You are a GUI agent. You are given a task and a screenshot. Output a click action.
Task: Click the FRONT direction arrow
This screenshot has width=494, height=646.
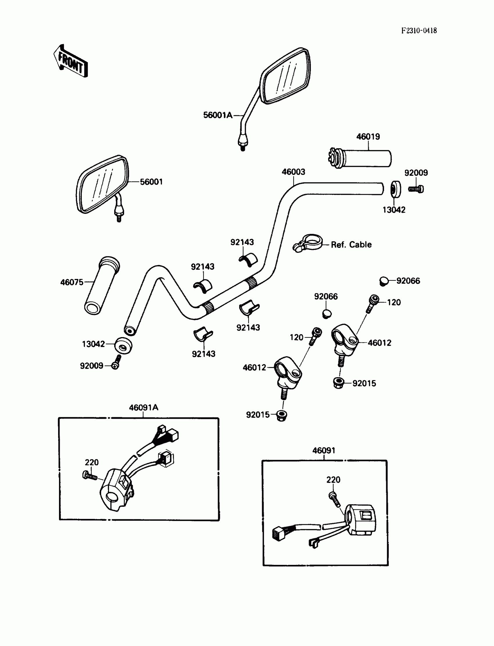pos(71,61)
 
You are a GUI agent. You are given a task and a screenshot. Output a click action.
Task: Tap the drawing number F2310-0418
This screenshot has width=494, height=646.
pos(419,31)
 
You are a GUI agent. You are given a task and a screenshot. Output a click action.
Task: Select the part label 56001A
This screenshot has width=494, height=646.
pos(218,115)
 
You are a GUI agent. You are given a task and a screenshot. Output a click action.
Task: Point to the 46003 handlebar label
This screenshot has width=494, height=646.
pos(293,172)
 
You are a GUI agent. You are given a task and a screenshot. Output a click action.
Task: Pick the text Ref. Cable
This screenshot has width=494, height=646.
pos(351,245)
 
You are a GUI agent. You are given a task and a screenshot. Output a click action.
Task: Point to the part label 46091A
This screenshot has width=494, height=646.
pos(144,407)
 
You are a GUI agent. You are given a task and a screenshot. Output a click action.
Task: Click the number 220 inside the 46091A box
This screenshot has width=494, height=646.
pos(92,462)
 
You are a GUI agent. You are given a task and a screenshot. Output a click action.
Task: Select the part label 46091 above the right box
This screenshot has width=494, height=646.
pos(323,450)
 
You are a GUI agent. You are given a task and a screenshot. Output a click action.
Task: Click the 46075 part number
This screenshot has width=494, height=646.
pos(72,282)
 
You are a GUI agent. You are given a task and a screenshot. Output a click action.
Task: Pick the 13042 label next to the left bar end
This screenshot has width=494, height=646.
pos(93,344)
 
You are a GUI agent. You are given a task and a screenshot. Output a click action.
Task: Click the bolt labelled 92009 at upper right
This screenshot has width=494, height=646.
pos(416,189)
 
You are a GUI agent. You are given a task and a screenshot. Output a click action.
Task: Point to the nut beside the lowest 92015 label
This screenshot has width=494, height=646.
pos(282,415)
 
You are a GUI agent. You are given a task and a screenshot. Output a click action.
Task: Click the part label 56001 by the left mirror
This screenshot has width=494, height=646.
pos(151,182)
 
